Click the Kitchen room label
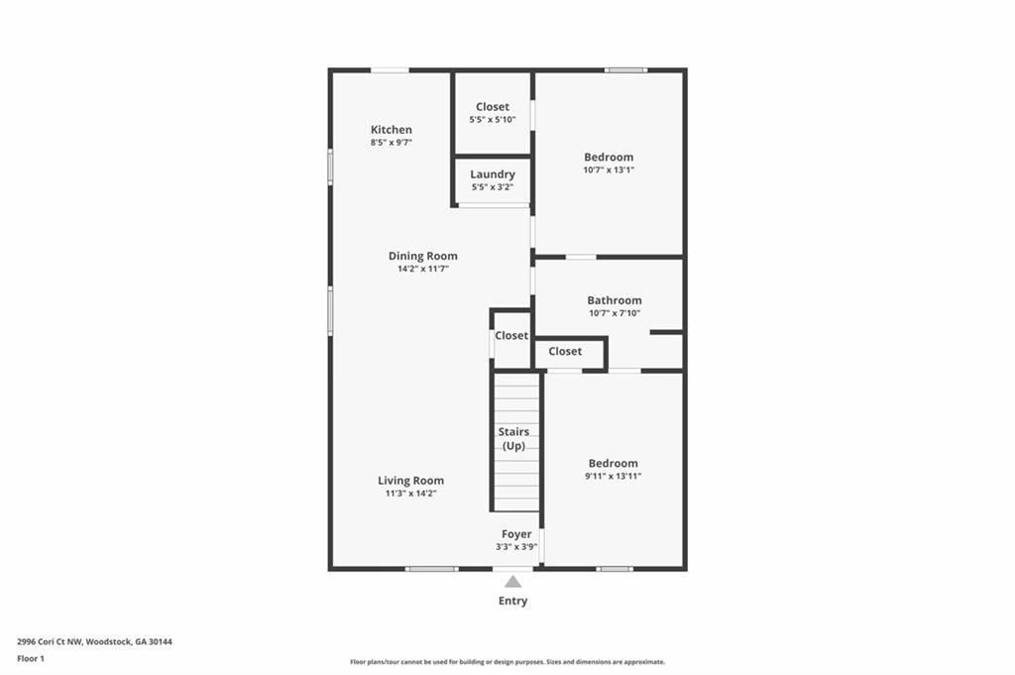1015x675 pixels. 391,130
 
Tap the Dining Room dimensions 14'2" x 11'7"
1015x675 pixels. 422,269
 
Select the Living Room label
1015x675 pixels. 411,480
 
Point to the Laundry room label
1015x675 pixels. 493,174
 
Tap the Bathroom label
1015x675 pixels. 615,300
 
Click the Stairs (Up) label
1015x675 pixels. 514,439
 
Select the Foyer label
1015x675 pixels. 516,534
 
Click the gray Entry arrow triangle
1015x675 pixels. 512,581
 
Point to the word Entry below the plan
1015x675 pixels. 512,601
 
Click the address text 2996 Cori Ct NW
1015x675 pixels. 50,642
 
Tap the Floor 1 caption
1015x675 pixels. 31,659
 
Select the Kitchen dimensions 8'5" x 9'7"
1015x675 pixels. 391,143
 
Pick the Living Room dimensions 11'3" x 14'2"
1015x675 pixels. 411,494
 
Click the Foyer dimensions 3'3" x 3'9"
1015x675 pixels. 516,547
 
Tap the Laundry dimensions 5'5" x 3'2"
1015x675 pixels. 493,187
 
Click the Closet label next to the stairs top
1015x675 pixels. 511,335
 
